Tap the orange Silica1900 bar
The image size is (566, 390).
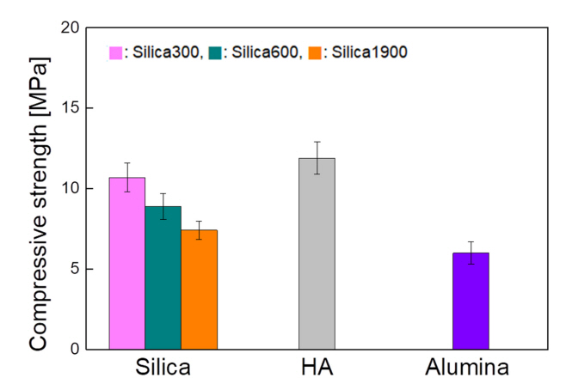[200, 289]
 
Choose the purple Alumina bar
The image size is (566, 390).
[470, 301]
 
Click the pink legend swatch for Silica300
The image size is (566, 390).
[115, 52]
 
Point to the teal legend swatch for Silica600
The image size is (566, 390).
[214, 52]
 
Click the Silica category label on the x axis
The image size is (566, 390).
[163, 369]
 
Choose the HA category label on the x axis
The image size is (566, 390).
[317, 369]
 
